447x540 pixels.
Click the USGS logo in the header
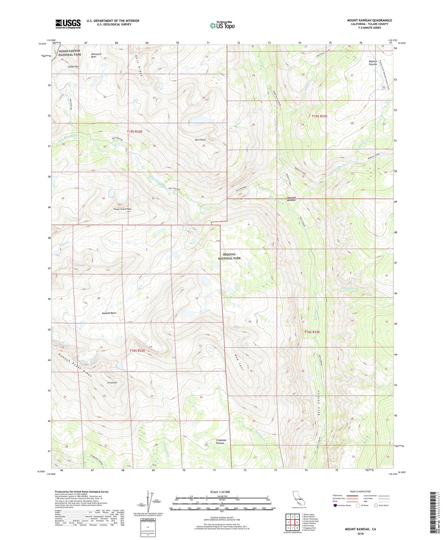(68, 24)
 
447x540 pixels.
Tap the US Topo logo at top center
(222, 25)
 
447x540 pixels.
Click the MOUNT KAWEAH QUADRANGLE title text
(369, 20)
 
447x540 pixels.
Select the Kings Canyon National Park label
(70, 53)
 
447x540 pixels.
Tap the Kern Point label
(200, 140)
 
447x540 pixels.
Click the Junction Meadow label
(291, 199)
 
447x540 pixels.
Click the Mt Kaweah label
(112, 383)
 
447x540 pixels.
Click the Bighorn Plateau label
(373, 63)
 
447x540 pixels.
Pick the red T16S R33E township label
(312, 332)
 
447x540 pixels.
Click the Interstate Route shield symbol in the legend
(335, 505)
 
